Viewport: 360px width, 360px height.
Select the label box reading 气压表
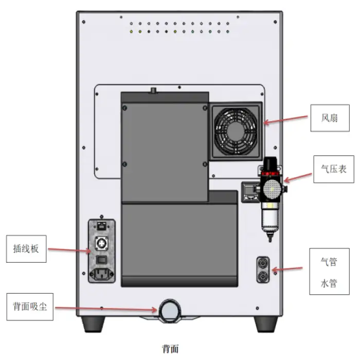pos(334,168)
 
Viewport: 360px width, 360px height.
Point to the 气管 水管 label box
pos(328,271)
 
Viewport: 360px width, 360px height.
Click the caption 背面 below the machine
pos(170,349)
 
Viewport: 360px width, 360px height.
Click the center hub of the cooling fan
pos(236,131)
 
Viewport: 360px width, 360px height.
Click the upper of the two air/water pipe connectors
pos(263,263)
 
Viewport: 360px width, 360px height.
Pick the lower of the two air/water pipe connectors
pos(263,277)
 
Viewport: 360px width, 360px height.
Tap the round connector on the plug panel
pos(101,242)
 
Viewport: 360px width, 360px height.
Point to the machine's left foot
pos(94,324)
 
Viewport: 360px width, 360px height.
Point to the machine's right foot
pos(266,324)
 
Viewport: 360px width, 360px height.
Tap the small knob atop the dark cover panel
pos(152,91)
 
